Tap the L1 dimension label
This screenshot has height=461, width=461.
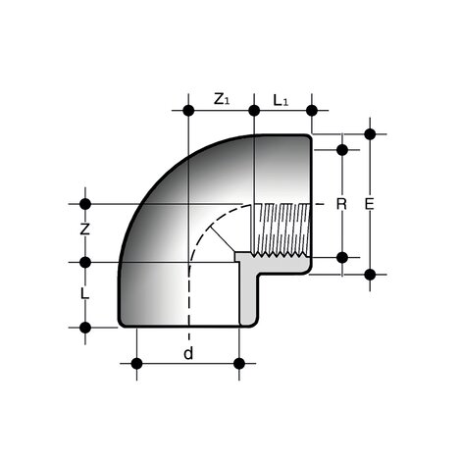[x=281, y=98]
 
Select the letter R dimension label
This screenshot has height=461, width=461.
[x=341, y=204]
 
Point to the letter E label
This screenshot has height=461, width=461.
[x=369, y=204]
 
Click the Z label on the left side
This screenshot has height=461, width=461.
[x=86, y=231]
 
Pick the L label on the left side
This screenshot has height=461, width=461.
[x=86, y=293]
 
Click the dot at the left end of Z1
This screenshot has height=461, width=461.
[x=186, y=110]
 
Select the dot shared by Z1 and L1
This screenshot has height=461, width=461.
[x=254, y=110]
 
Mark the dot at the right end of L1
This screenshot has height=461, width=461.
[x=312, y=110]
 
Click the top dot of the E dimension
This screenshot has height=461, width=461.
[x=370, y=133]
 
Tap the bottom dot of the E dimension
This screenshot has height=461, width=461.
[x=370, y=274]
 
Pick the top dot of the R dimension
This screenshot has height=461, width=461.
[x=342, y=150]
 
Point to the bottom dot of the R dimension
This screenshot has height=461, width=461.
[x=342, y=257]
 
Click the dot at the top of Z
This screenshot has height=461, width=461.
[x=86, y=204]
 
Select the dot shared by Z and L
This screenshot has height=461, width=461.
[x=86, y=262]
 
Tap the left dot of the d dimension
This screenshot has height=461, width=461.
[x=136, y=364]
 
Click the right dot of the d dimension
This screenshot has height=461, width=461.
[x=238, y=364]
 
